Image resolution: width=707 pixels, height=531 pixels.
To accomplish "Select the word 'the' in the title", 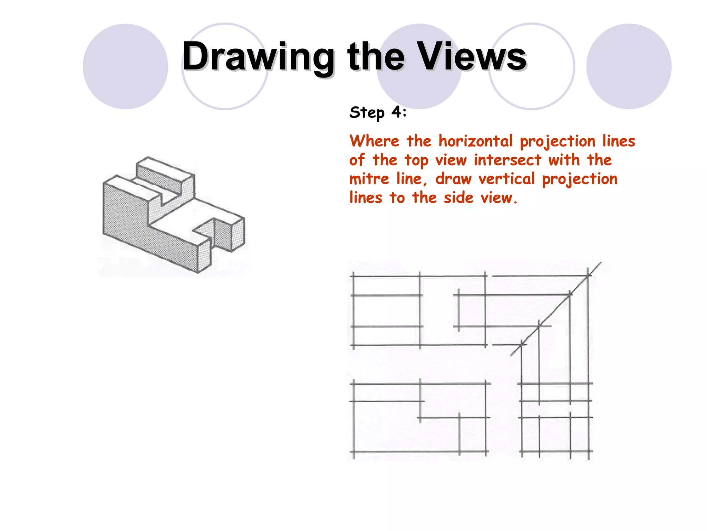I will [x=376, y=56].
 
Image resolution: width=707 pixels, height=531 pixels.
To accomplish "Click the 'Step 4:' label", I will [x=378, y=112].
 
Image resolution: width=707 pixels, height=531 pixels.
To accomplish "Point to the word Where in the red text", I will [x=374, y=141].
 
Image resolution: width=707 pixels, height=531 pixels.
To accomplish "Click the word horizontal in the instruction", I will [x=475, y=141].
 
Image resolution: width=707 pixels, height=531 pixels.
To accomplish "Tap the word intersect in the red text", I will [x=507, y=160].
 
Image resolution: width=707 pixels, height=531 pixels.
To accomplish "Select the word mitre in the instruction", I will [x=369, y=179].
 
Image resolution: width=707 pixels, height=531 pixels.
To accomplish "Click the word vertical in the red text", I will [x=506, y=179].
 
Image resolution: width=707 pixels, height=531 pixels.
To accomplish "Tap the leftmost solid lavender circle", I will [x=125, y=66].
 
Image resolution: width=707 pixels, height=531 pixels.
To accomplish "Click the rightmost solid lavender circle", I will [x=629, y=66].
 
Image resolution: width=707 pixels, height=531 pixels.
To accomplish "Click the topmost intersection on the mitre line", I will [x=588, y=276].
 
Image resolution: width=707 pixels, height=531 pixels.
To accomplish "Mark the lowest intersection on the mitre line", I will [x=522, y=344].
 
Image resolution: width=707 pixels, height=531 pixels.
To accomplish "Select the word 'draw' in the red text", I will [x=453, y=179].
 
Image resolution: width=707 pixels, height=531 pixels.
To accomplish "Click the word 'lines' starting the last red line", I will [x=366, y=198].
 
